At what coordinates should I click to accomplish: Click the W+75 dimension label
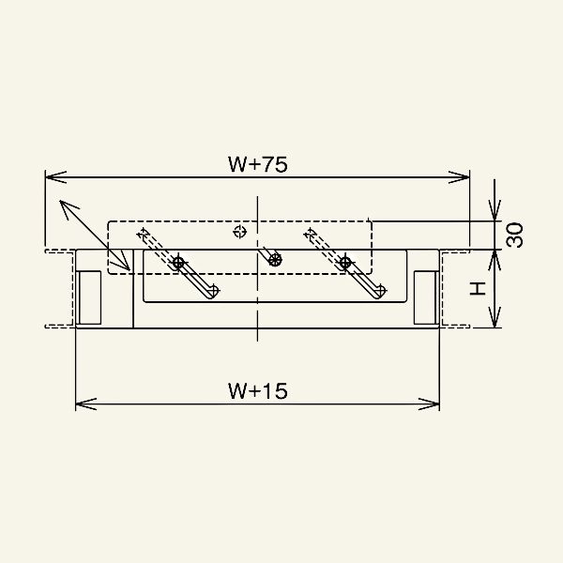(257, 163)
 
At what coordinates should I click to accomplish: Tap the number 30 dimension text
(513, 235)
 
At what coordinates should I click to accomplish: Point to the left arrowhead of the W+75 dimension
(53, 175)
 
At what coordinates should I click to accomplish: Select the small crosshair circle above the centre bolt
(240, 230)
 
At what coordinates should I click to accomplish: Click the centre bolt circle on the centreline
(274, 260)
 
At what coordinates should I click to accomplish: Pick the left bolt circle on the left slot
(178, 264)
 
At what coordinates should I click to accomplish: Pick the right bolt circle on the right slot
(346, 262)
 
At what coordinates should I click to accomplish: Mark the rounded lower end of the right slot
(379, 290)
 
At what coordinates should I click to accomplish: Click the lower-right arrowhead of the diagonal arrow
(126, 266)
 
